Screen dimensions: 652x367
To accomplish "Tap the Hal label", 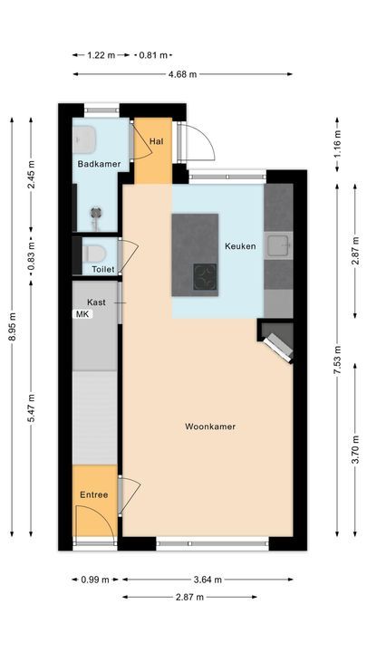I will [157, 140].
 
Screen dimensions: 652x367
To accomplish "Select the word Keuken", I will [240, 245].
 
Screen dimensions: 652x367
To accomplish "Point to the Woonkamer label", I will [210, 427].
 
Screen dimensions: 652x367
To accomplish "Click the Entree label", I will [93, 494].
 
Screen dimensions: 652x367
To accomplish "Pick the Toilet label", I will [97, 270].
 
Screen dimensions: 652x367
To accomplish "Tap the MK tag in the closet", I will [82, 314].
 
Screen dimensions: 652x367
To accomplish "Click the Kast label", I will [97, 302].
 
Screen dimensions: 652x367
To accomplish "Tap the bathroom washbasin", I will [85, 138].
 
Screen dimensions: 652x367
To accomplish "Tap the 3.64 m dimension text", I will [208, 579].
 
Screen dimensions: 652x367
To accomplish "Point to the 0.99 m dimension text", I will [93, 579].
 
